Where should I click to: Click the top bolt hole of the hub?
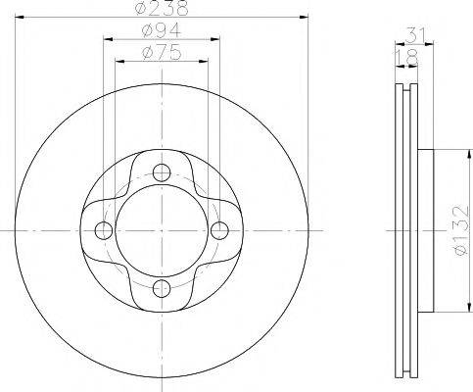pyautogui.click(x=162, y=173)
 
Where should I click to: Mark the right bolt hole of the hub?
pyautogui.click(x=219, y=230)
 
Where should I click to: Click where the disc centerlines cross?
pyautogui.click(x=162, y=230)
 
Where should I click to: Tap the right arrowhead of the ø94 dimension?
pyautogui.click(x=216, y=41)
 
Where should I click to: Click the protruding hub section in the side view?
pyautogui.click(x=423, y=230)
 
